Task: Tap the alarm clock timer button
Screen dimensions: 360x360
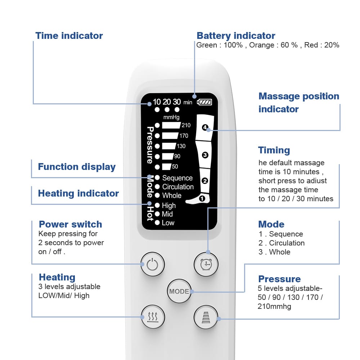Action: pyautogui.click(x=206, y=265)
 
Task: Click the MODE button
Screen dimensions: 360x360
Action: pyautogui.click(x=179, y=291)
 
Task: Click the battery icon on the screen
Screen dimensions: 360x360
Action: pyautogui.click(x=205, y=102)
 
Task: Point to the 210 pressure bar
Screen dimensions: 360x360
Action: pyautogui.click(x=171, y=125)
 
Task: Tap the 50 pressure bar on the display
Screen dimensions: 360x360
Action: pyautogui.click(x=166, y=167)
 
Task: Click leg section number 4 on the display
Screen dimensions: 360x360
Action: pyautogui.click(x=205, y=127)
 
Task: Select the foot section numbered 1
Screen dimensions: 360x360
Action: pyautogui.click(x=202, y=198)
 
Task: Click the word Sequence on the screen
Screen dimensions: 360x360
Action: pyautogui.click(x=177, y=178)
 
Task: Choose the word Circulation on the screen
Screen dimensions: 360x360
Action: pyautogui.click(x=178, y=187)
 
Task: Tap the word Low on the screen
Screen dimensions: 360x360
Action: pyautogui.click(x=168, y=223)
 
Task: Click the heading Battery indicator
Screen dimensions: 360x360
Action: pyautogui.click(x=236, y=36)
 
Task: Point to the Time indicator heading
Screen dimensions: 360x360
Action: pyautogui.click(x=69, y=36)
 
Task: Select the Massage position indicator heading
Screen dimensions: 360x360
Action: pyautogui.click(x=298, y=103)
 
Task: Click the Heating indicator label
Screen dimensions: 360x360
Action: pyautogui.click(x=78, y=193)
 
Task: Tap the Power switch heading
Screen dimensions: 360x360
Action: pyautogui.click(x=71, y=224)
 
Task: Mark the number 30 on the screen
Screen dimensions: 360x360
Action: pyautogui.click(x=176, y=102)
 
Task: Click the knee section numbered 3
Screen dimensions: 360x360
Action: pyautogui.click(x=205, y=155)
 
